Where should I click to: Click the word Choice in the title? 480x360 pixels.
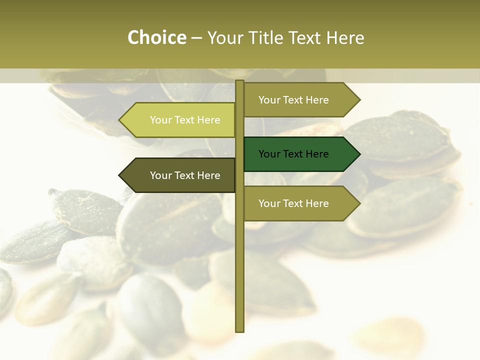[x=156, y=37]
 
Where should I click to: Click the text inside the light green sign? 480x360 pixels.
[x=185, y=120]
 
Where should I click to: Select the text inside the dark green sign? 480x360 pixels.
[x=293, y=154]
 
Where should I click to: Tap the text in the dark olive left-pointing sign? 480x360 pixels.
[x=185, y=175]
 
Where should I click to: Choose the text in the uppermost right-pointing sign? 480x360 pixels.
[x=293, y=100]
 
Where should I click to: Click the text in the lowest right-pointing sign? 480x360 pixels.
[x=293, y=203]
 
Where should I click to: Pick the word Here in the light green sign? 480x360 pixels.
[x=209, y=120]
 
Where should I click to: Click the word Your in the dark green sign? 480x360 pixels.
[x=269, y=154]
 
